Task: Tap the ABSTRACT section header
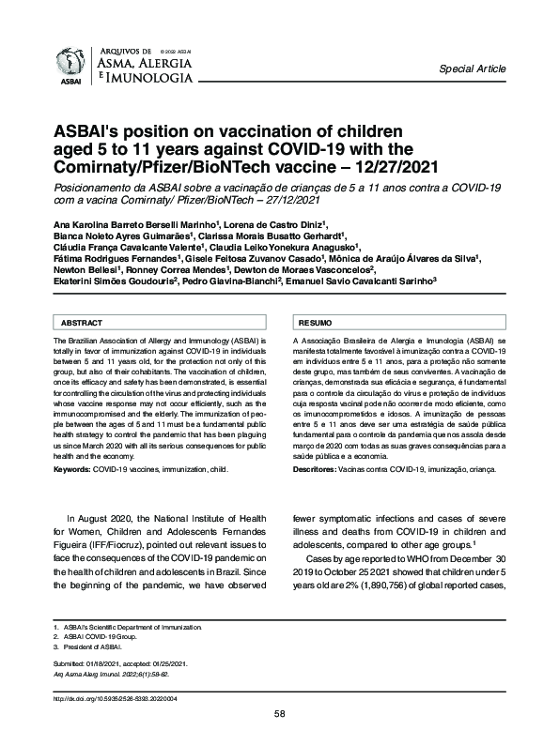tap(82, 322)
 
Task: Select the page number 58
tap(279, 713)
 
